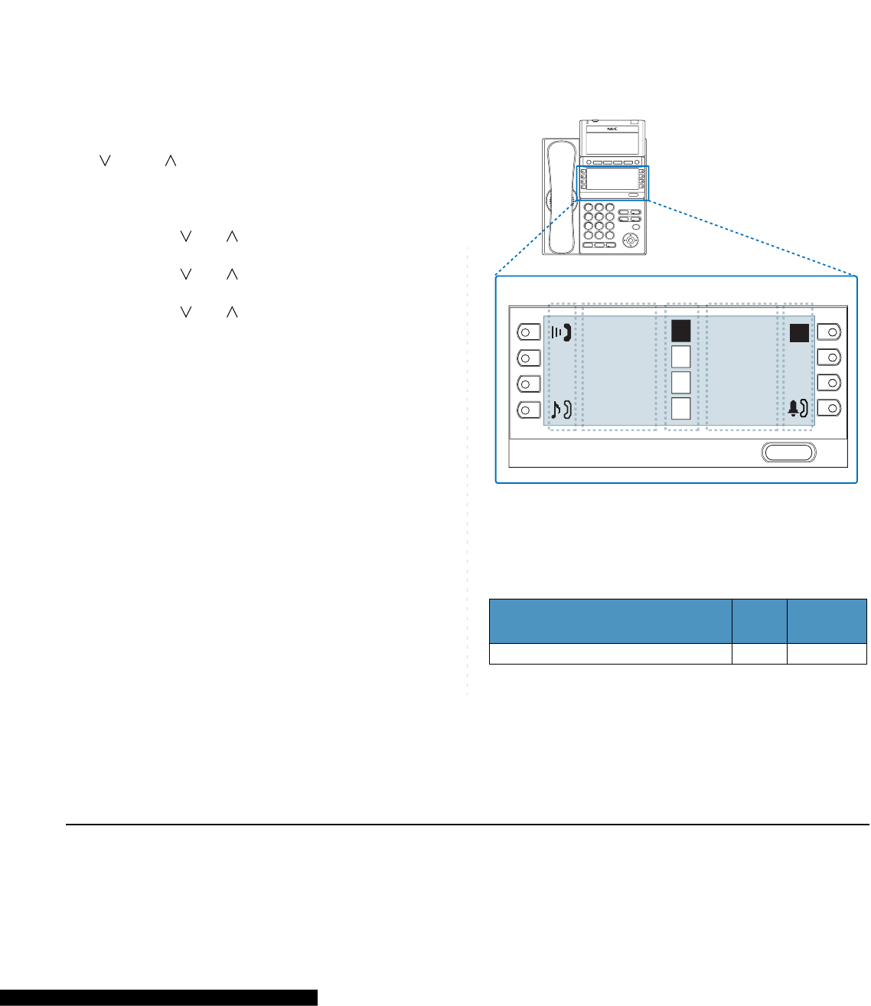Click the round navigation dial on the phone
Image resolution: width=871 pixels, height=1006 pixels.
tap(631, 240)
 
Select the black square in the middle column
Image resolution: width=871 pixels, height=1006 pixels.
tap(681, 331)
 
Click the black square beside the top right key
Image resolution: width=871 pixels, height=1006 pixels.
tap(799, 333)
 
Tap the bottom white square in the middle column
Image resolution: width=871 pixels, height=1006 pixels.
tap(681, 409)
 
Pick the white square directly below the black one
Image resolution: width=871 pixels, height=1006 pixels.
tap(681, 357)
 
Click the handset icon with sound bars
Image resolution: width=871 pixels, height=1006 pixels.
tap(561, 332)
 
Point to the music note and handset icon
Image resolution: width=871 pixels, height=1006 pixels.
tap(561, 409)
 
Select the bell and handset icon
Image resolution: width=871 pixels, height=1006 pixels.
tap(798, 409)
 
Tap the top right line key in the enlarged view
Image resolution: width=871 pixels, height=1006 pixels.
tap(829, 332)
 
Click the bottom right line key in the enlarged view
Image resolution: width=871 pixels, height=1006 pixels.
tap(829, 408)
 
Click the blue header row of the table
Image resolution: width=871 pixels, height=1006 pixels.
tap(677, 621)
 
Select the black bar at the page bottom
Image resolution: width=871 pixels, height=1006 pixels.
tap(158, 998)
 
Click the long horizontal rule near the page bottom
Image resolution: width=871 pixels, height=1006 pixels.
tap(467, 825)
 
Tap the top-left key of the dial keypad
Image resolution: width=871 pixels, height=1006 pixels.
tap(589, 207)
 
